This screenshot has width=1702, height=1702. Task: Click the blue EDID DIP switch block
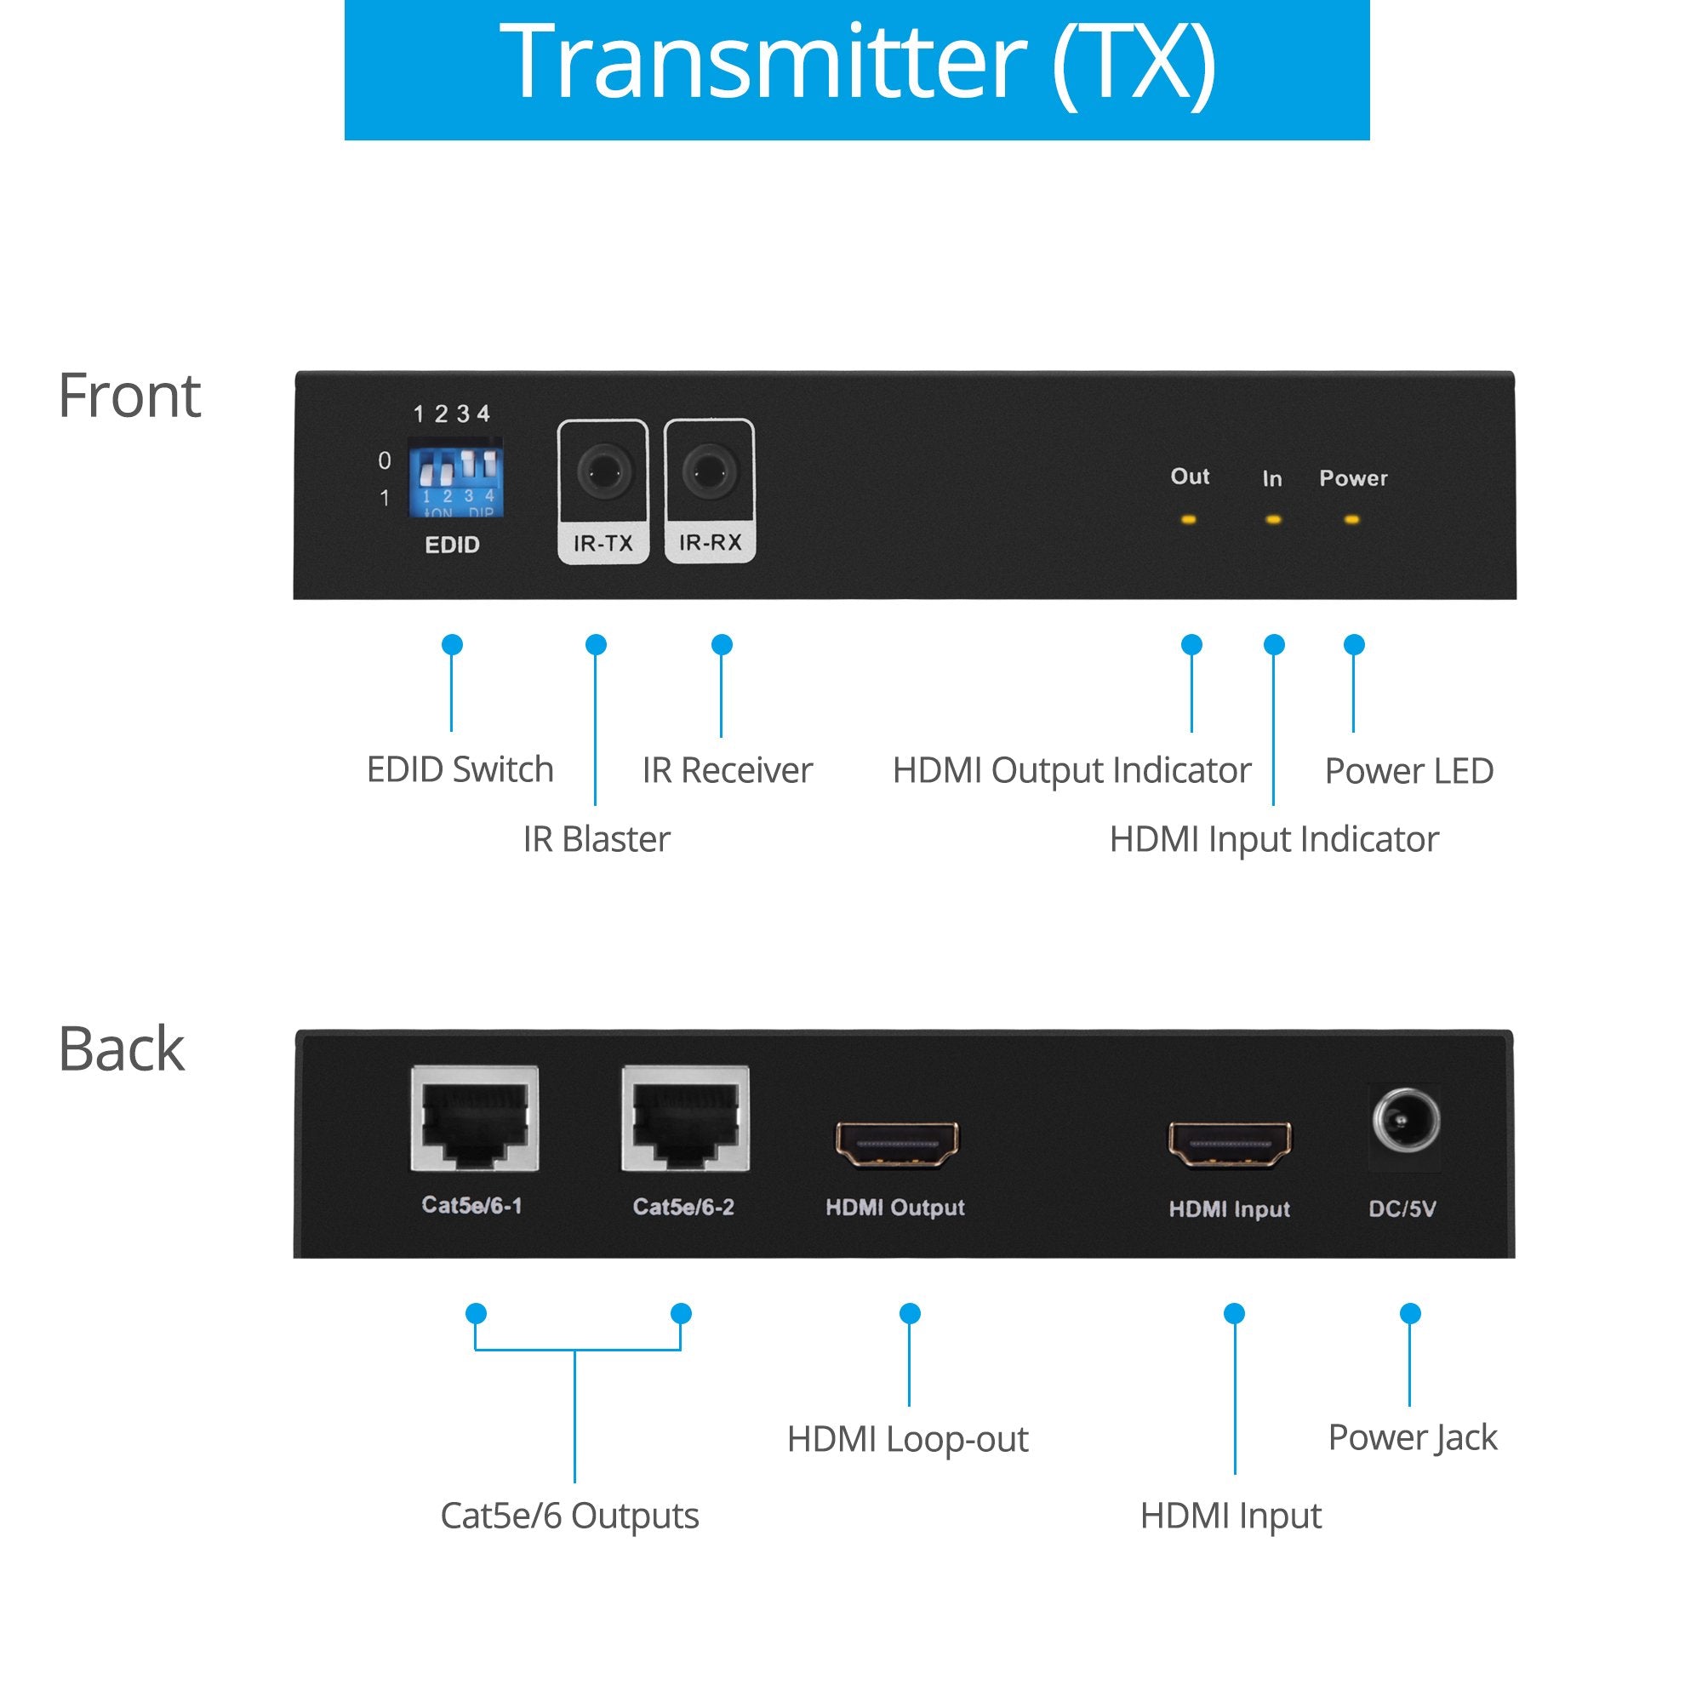tap(454, 481)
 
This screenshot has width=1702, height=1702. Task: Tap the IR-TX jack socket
tap(603, 473)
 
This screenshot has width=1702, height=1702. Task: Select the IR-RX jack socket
tap(709, 473)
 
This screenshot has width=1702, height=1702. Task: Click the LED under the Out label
tap(1188, 520)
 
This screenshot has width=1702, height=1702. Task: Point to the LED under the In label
tap(1273, 520)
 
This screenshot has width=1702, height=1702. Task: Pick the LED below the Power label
tap(1351, 520)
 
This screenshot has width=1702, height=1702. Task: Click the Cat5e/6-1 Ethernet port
tap(475, 1118)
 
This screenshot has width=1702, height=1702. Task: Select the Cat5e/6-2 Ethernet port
tap(685, 1118)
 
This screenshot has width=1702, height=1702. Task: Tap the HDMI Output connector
tap(897, 1145)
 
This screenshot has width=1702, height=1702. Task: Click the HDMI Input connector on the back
tap(1230, 1145)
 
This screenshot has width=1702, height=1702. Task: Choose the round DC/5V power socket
tap(1406, 1122)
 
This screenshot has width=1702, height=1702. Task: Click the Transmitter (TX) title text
tap(856, 64)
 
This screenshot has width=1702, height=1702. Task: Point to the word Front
tap(129, 397)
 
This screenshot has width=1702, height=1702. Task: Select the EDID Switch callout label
tap(460, 770)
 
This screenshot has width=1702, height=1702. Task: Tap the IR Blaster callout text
tap(597, 839)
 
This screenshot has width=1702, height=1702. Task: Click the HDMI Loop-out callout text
tap(907, 1440)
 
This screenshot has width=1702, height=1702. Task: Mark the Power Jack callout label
tap(1412, 1437)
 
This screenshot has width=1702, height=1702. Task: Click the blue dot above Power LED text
tap(1354, 645)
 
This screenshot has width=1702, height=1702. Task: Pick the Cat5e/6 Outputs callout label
tap(569, 1516)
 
